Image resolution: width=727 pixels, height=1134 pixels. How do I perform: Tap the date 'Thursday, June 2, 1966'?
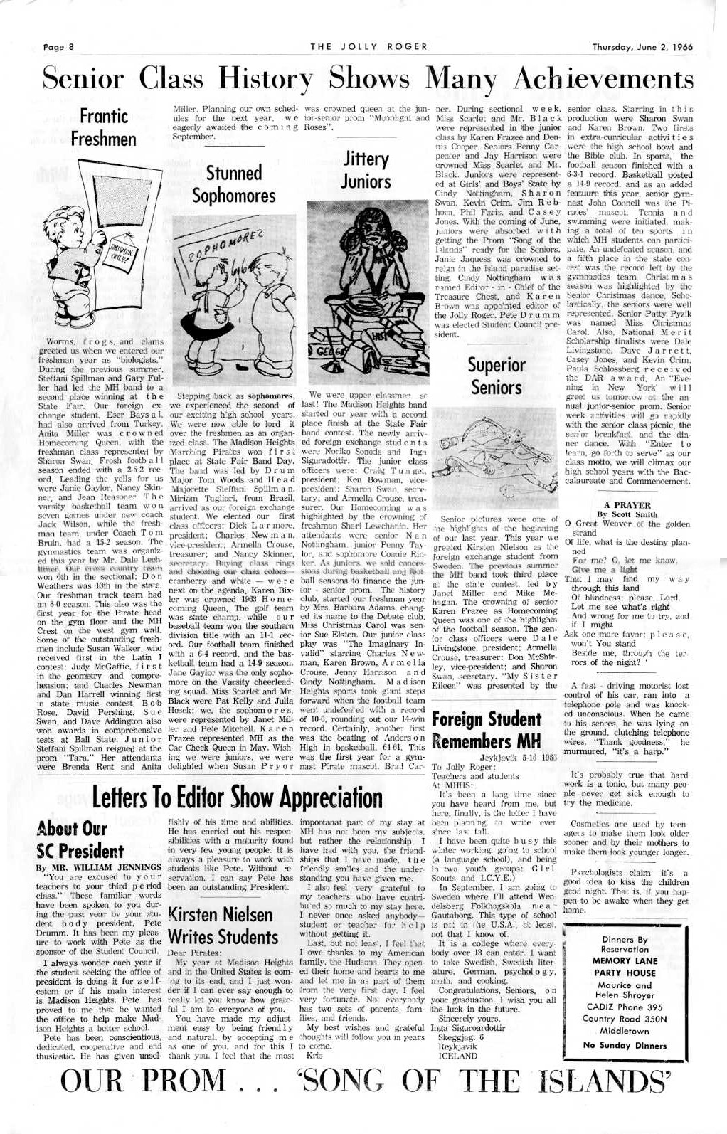(642, 48)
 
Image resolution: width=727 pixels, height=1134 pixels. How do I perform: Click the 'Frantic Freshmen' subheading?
(104, 126)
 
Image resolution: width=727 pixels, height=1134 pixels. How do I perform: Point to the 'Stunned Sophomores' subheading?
(234, 184)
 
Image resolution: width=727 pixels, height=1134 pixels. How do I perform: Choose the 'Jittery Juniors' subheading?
(366, 169)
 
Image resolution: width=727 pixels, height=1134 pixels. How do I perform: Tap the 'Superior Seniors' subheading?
(497, 376)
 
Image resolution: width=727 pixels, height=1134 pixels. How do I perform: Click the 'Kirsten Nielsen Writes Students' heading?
(221, 925)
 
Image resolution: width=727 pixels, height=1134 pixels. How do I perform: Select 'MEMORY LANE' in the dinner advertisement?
(625, 960)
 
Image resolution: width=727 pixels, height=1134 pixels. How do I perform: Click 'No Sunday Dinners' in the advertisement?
(625, 1045)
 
